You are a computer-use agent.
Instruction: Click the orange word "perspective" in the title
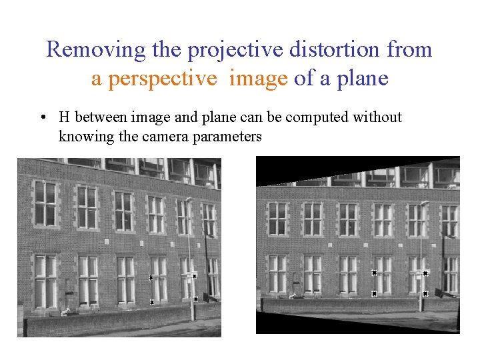154,79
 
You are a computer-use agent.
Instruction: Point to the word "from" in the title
408,49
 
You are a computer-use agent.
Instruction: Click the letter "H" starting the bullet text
65,117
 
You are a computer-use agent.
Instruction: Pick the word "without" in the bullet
378,117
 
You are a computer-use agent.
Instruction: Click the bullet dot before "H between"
43,118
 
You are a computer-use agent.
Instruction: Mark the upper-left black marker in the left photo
151,277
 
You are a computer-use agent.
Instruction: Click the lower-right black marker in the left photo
195,299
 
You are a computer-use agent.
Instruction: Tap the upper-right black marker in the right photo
425,273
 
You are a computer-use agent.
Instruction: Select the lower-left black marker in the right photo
374,293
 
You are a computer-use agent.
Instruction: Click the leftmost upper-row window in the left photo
45,203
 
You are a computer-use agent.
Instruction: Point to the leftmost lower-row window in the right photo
277,273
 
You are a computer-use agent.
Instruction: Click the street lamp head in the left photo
189,199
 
